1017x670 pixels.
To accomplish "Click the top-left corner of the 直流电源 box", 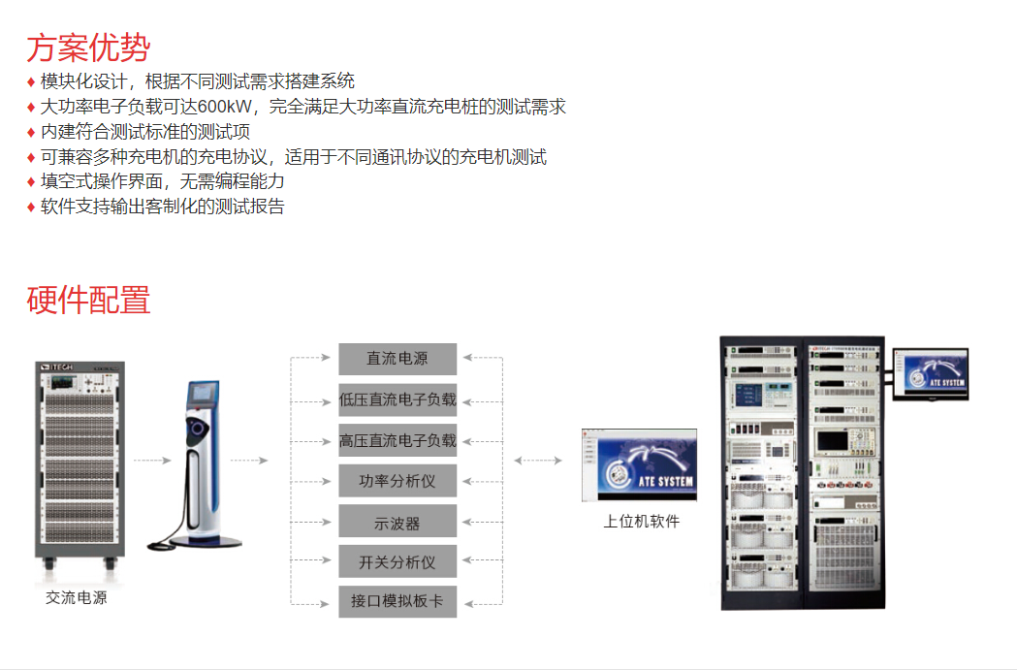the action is pyautogui.click(x=338, y=343).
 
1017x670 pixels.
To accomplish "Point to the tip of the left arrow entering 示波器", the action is pyautogui.click(x=332, y=522).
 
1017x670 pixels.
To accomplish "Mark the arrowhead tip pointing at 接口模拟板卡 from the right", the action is pyautogui.click(x=464, y=604).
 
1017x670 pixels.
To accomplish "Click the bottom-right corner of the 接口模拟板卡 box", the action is pyautogui.click(x=457, y=618).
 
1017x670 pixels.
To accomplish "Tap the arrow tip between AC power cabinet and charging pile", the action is pyautogui.click(x=172, y=461).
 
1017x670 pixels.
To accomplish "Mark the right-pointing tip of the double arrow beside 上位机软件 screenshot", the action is pyautogui.click(x=561, y=461).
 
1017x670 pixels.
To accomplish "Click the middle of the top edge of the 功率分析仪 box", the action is pyautogui.click(x=397, y=464).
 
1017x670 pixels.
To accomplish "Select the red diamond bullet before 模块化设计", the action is pyautogui.click(x=30, y=81).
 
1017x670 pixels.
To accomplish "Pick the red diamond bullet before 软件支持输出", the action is pyautogui.click(x=30, y=207).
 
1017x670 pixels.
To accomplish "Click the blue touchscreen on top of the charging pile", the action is pyautogui.click(x=203, y=393).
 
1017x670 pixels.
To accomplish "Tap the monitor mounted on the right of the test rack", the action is pyautogui.click(x=931, y=374).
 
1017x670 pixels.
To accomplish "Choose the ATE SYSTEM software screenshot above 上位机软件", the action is pyautogui.click(x=640, y=464).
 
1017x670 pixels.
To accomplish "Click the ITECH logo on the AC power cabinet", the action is pyautogui.click(x=57, y=367).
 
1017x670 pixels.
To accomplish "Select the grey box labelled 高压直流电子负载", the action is pyautogui.click(x=397, y=440).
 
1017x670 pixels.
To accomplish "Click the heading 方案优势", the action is pyautogui.click(x=88, y=48).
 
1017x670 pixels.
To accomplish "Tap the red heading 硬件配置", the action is pyautogui.click(x=88, y=301).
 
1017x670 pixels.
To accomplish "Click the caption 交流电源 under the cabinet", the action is pyautogui.click(x=77, y=597).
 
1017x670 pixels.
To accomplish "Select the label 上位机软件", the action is pyautogui.click(x=642, y=522).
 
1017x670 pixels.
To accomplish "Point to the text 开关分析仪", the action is pyautogui.click(x=397, y=561).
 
